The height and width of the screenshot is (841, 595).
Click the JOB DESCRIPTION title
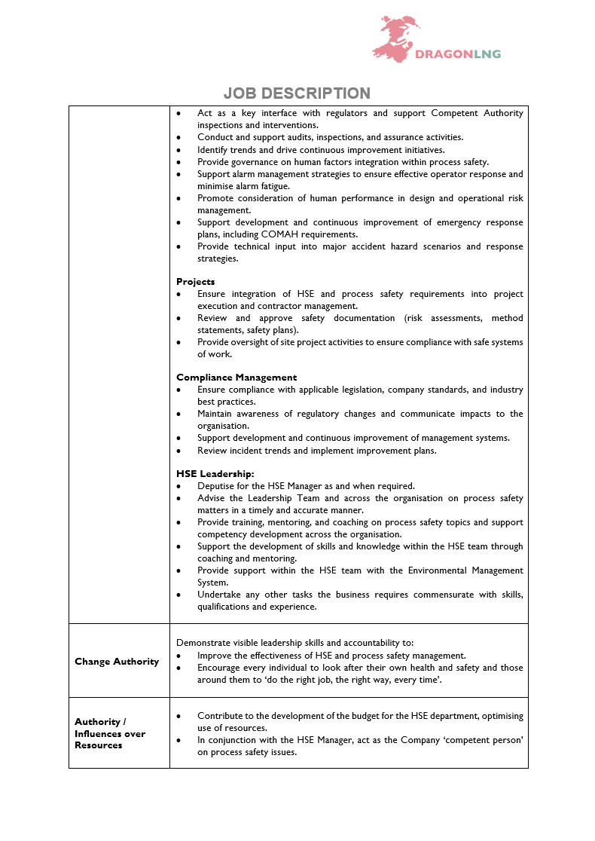coord(297,93)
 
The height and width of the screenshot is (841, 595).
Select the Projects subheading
coord(196,282)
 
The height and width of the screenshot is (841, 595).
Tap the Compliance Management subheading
coord(236,378)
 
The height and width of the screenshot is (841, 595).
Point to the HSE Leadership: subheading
coord(215,474)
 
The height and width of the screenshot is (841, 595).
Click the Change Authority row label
coord(117,662)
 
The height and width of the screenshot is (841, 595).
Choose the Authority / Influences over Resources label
coord(110,733)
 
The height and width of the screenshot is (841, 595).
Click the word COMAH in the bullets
coord(264,234)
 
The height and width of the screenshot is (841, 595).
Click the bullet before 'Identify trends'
coord(179,150)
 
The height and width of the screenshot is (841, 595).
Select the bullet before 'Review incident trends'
coord(179,451)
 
